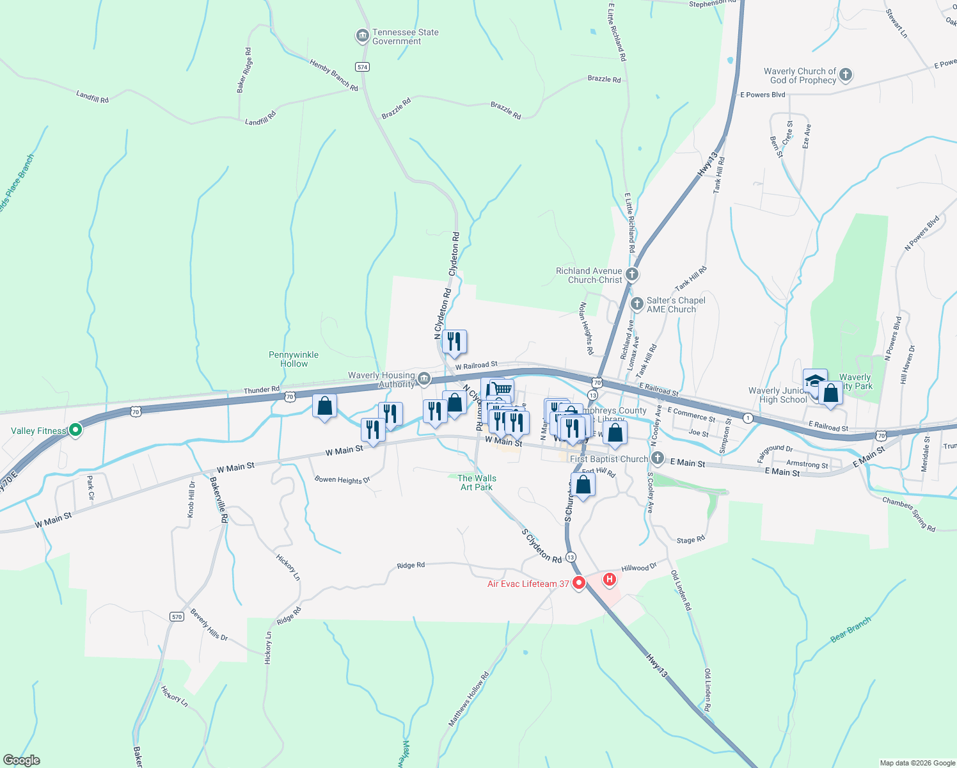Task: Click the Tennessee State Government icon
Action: pyautogui.click(x=363, y=36)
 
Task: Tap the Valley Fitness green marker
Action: pyautogui.click(x=75, y=430)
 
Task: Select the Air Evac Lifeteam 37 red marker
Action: pyautogui.click(x=579, y=583)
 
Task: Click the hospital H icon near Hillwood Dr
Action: pyautogui.click(x=610, y=579)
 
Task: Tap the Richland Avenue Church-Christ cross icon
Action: pyautogui.click(x=632, y=275)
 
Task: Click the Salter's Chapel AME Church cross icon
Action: pyautogui.click(x=637, y=304)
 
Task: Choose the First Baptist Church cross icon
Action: pyautogui.click(x=658, y=458)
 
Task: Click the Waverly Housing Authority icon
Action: pyautogui.click(x=423, y=380)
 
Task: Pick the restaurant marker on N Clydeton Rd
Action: pyautogui.click(x=454, y=341)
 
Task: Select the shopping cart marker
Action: pyautogui.click(x=503, y=388)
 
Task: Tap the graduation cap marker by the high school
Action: pyautogui.click(x=815, y=380)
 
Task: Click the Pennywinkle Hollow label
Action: pyautogui.click(x=294, y=359)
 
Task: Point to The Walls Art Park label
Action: pyautogui.click(x=477, y=483)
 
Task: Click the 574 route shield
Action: pyautogui.click(x=363, y=67)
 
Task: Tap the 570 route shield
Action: pyautogui.click(x=177, y=617)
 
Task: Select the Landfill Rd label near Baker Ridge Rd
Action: pyautogui.click(x=260, y=118)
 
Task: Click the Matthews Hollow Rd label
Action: pyautogui.click(x=468, y=699)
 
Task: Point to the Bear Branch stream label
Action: pyautogui.click(x=850, y=630)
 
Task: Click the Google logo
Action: pyautogui.click(x=22, y=760)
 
